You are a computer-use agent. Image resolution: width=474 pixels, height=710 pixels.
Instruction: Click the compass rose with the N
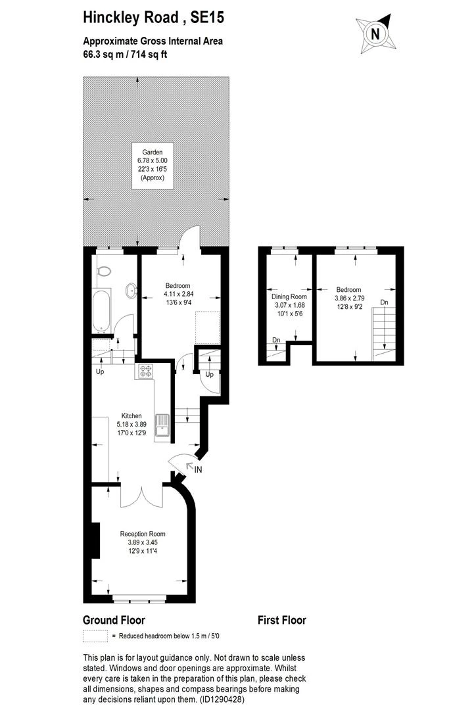375,34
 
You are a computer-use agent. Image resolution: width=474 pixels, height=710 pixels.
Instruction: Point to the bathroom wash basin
131,290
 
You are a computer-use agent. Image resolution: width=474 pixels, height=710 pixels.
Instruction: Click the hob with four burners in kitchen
145,372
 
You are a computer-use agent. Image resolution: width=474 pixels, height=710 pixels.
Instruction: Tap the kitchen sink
162,425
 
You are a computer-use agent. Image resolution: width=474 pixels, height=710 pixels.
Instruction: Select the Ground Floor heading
114,620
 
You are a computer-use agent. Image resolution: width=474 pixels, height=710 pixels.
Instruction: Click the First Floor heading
281,620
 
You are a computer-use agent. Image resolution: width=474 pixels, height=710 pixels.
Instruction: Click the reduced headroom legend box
95,636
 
